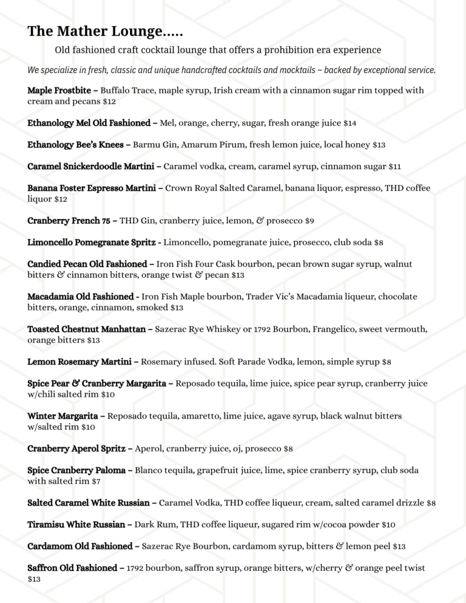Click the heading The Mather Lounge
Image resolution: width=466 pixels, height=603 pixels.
coord(105,31)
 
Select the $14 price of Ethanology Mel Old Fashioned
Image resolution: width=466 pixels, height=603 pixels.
coord(350,123)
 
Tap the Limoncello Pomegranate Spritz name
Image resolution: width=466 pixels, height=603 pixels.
coord(94,243)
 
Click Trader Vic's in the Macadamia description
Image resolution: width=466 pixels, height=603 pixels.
coord(275,297)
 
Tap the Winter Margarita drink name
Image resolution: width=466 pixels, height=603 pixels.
coord(66,416)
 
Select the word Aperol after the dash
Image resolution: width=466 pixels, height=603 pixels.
coord(148,449)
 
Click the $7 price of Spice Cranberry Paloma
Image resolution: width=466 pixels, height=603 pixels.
coord(96,482)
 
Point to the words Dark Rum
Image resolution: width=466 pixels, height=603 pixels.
coord(164,524)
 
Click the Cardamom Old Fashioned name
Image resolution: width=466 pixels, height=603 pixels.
coord(83,547)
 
